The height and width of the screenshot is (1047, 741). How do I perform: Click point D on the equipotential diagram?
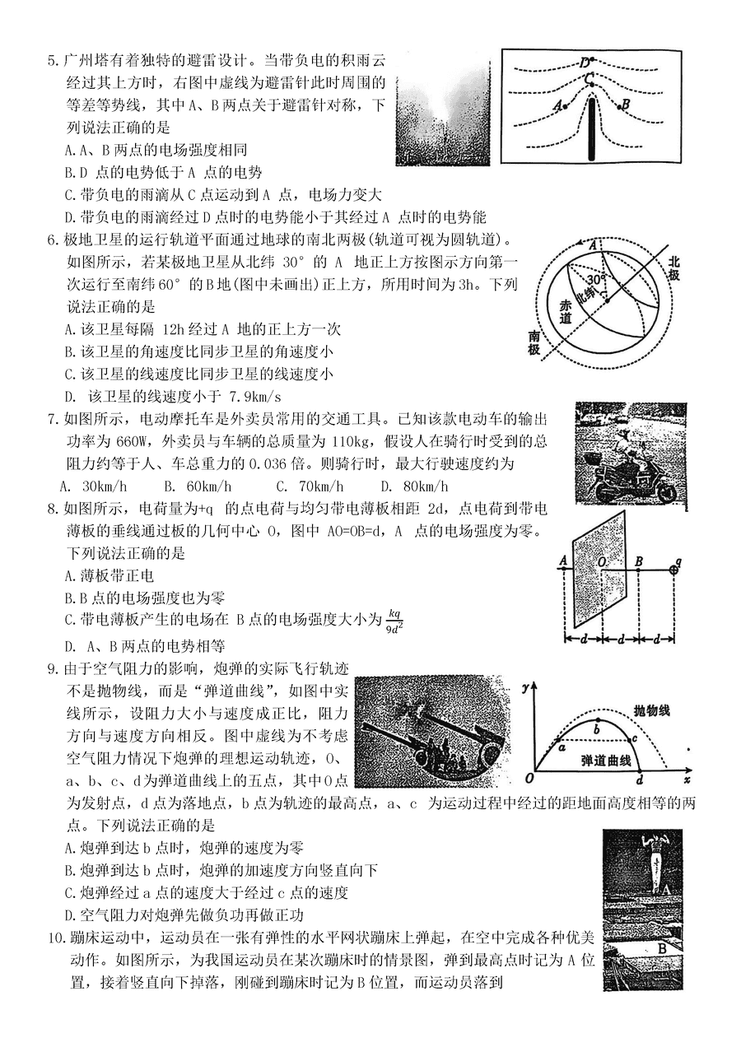click(x=585, y=62)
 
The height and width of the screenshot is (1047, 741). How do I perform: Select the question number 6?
click(x=52, y=240)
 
